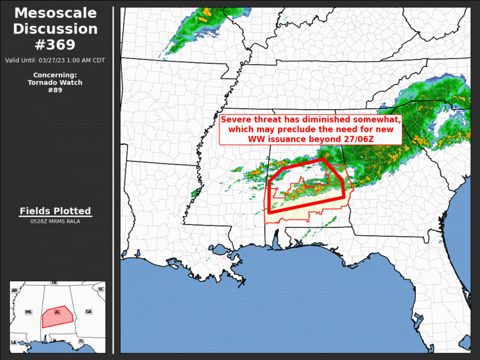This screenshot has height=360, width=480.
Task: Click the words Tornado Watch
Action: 55,82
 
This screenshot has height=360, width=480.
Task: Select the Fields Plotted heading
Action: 55,211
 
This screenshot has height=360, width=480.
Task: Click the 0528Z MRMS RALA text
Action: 55,222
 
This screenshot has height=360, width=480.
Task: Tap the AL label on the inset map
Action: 57,312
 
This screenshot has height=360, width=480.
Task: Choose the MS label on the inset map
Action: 28,312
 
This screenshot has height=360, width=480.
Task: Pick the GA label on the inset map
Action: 88,312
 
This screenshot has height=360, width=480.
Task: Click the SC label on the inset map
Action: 101,289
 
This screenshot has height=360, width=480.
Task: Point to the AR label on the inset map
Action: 14,290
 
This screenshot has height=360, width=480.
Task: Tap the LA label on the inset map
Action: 14,342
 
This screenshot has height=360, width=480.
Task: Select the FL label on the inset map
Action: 81,341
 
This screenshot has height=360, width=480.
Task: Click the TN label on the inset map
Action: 54,283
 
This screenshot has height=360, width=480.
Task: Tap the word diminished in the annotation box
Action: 329,120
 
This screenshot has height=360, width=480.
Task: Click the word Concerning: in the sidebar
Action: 55,75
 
